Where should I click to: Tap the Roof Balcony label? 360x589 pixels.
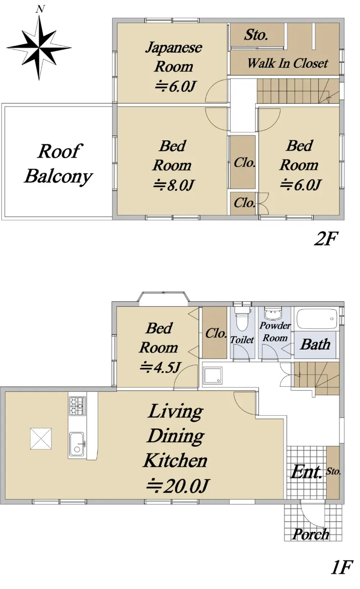point(58,163)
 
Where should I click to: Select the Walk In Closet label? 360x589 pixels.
point(288,63)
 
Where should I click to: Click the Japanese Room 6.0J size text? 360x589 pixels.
point(175,86)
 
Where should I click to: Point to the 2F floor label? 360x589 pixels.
point(325,239)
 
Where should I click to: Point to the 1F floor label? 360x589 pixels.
point(341,575)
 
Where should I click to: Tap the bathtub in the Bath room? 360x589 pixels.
point(317,318)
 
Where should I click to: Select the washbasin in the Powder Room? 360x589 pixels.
point(273,314)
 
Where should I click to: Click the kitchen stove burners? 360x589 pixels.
point(77,406)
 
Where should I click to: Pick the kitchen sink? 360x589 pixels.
point(77,444)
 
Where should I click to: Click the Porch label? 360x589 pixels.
point(311,535)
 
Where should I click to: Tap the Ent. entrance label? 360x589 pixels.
point(307,472)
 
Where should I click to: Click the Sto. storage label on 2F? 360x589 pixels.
point(256,35)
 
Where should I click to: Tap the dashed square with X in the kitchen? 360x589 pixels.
point(41,439)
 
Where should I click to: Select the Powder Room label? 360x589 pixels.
point(275,332)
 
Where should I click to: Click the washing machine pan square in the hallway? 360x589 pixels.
point(212,375)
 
